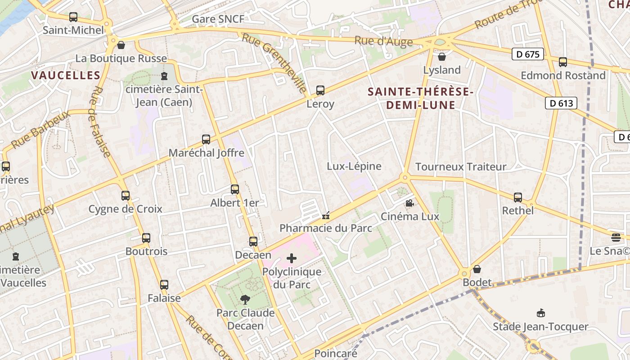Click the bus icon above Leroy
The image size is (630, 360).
pyautogui.click(x=320, y=90)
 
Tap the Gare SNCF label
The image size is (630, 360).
pyautogui.click(x=218, y=19)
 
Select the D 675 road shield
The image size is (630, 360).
pyautogui.click(x=528, y=54)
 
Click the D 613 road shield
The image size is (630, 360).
pyautogui.click(x=561, y=103)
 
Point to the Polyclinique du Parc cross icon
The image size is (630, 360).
pyautogui.click(x=292, y=258)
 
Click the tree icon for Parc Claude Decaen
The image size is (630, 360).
pyautogui.click(x=245, y=299)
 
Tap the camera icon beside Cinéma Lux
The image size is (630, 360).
pyautogui.click(x=409, y=203)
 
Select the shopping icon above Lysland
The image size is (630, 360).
pyautogui.click(x=442, y=57)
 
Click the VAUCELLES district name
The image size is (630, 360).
pyautogui.click(x=66, y=75)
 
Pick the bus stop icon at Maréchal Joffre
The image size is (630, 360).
pyautogui.click(x=206, y=139)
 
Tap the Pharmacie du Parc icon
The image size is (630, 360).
pyautogui.click(x=326, y=216)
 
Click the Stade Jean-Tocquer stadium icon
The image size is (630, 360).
pyautogui.click(x=540, y=313)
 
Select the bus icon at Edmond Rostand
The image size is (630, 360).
pyautogui.click(x=562, y=62)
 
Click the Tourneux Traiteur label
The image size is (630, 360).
pyautogui.click(x=461, y=167)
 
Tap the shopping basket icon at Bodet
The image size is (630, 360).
pyautogui.click(x=477, y=270)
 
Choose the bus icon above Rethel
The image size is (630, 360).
pyautogui.click(x=518, y=198)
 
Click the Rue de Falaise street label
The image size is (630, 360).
pyautogui.click(x=100, y=121)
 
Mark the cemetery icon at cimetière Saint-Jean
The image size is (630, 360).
pyautogui.click(x=164, y=76)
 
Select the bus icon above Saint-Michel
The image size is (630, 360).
pyautogui.click(x=73, y=18)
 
